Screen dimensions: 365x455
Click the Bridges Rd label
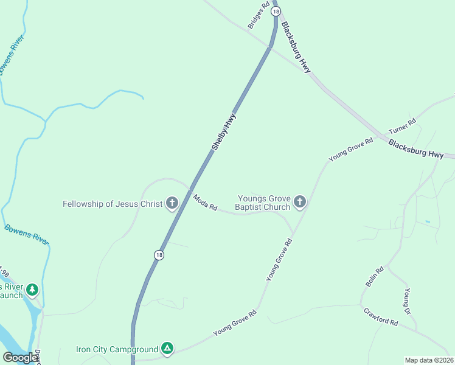point(259,16)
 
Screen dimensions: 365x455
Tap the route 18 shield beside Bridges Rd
point(277,12)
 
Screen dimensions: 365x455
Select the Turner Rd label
point(402,126)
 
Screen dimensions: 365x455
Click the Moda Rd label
point(205,203)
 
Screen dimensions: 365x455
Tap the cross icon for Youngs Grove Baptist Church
point(299,202)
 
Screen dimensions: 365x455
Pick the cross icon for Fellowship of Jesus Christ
point(172,203)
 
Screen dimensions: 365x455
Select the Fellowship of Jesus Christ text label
point(113,204)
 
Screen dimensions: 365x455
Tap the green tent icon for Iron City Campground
point(167,349)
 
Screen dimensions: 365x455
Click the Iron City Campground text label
point(116,349)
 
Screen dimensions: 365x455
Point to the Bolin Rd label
point(375,277)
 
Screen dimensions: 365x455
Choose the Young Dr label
point(408,299)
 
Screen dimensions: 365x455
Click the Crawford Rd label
point(381,316)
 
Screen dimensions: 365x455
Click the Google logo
point(20,358)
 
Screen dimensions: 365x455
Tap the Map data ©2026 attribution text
point(429,360)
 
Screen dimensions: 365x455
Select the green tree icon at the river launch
point(32,290)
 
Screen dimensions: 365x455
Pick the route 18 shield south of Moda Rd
point(159,255)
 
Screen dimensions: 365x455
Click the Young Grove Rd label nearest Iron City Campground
point(235,323)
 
